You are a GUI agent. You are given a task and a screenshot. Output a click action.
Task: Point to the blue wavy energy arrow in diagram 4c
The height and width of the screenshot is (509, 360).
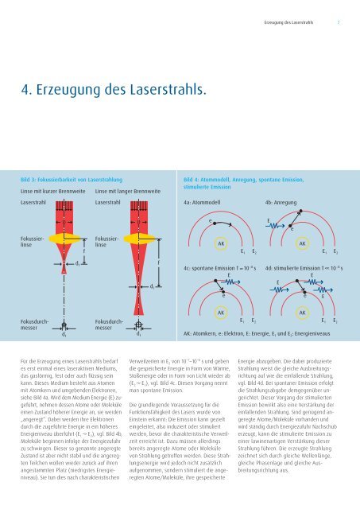[233, 286]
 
